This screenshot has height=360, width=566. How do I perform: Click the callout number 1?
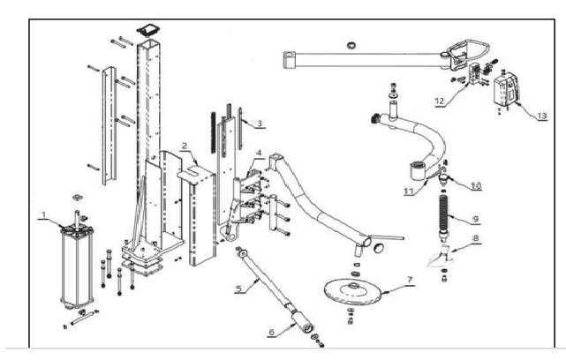[x=41, y=214]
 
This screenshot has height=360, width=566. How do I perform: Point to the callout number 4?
[x=259, y=153]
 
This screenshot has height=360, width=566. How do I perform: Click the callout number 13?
[x=541, y=115]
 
